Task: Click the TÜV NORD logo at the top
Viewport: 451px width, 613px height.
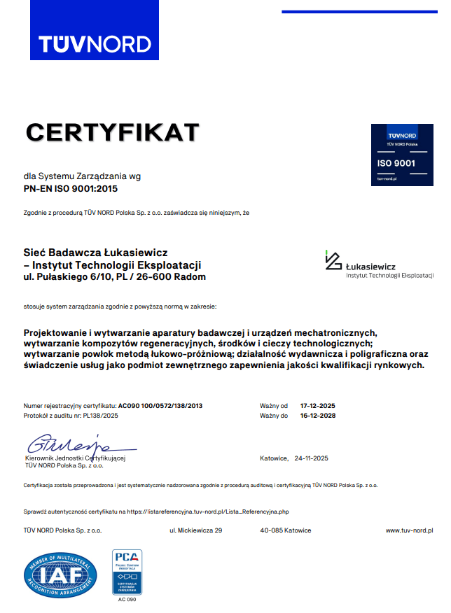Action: [95, 43]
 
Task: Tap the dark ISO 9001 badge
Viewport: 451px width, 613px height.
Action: [396, 155]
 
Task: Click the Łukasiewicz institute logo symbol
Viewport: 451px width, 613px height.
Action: [333, 260]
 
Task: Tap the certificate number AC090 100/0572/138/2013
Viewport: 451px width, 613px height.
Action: [160, 406]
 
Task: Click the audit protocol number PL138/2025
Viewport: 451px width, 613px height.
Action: [101, 416]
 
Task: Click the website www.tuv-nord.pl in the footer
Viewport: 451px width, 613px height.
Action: [410, 531]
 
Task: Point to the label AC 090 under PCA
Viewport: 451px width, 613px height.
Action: [127, 600]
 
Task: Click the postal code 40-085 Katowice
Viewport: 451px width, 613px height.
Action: [286, 531]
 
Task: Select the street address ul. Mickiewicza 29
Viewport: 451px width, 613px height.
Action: [195, 531]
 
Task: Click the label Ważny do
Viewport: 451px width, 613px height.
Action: [274, 416]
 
